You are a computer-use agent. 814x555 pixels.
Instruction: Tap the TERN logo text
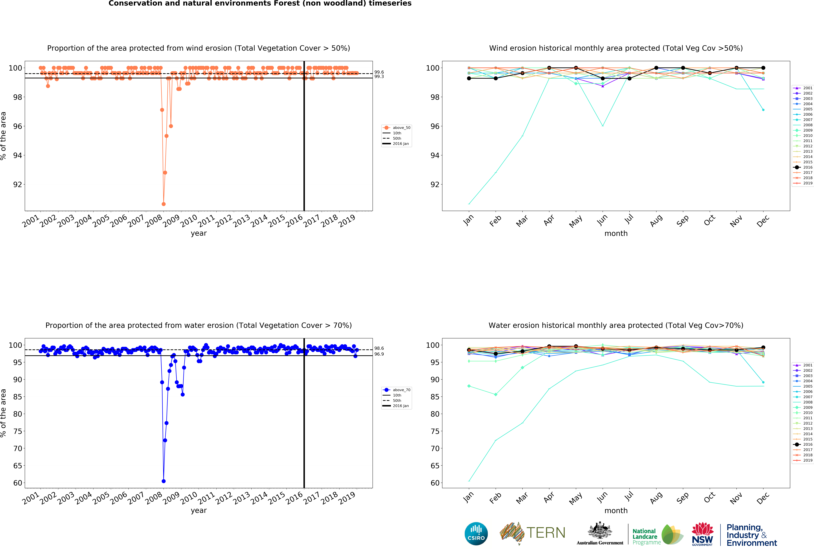[x=546, y=533]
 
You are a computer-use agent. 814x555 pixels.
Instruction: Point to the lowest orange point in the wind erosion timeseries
[x=164, y=204]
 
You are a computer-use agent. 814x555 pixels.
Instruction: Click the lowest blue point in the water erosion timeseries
[x=164, y=481]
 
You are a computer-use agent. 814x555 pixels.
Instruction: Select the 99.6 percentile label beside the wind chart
[x=379, y=72]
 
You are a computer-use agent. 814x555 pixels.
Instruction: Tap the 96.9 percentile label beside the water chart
[x=379, y=354]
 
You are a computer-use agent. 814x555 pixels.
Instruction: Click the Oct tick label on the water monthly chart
[x=709, y=498]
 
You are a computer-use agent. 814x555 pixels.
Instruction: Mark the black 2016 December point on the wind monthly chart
[x=763, y=68]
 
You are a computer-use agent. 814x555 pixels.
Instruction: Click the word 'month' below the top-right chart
[x=616, y=233]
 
